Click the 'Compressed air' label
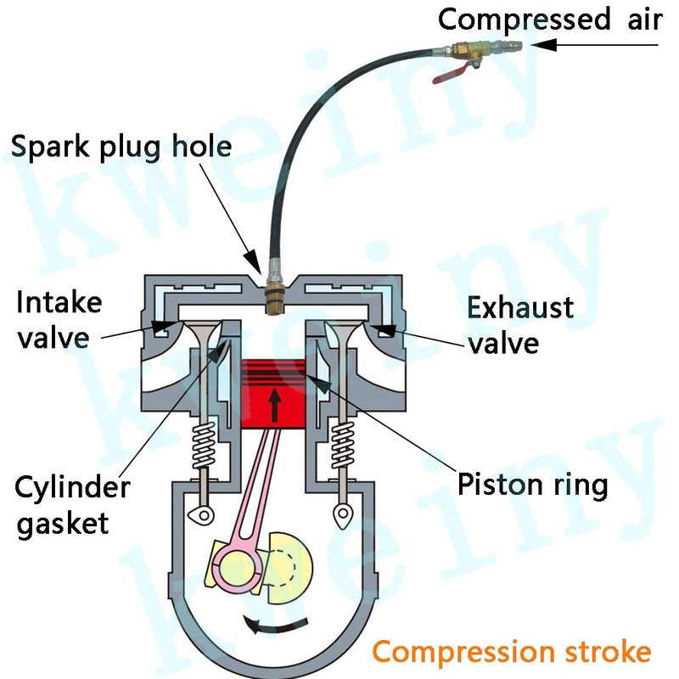(549, 18)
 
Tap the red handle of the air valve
(451, 74)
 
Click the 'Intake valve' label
(59, 319)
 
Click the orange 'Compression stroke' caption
(512, 652)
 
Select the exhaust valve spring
(343, 446)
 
